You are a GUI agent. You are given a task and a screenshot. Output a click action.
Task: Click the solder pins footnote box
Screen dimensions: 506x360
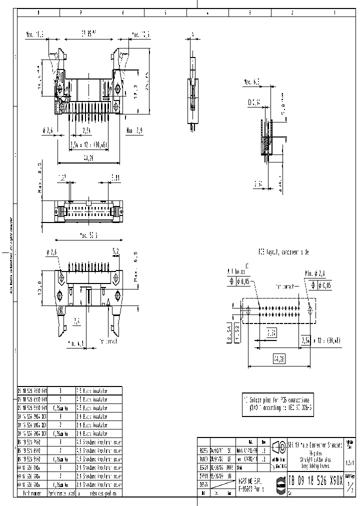(278, 404)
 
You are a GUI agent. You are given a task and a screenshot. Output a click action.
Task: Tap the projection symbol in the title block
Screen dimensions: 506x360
(278, 446)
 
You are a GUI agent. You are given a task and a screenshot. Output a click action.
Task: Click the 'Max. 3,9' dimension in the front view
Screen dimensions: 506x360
(135, 130)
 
